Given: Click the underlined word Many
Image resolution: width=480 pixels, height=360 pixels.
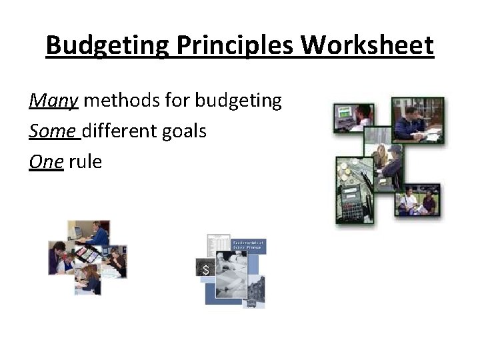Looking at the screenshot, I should click(x=54, y=101).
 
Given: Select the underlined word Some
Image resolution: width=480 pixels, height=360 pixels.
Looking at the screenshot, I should click(x=53, y=131).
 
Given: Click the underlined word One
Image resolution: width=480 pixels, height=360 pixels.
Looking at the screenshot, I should click(x=46, y=162).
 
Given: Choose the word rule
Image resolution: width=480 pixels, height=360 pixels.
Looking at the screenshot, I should click(x=85, y=162).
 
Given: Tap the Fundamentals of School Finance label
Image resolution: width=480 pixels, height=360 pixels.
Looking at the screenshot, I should click(x=249, y=245).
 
